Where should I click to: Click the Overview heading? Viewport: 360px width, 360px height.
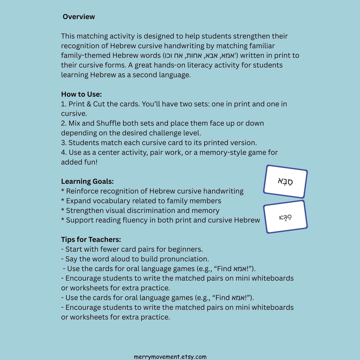(x=79, y=17)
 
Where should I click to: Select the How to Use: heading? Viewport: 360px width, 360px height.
(x=81, y=94)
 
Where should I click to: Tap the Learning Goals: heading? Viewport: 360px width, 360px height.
(x=87, y=181)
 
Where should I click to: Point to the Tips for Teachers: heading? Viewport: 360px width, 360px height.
(x=91, y=240)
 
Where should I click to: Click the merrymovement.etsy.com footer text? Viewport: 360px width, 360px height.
(x=170, y=357)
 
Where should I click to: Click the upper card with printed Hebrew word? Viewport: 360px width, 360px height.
(x=285, y=181)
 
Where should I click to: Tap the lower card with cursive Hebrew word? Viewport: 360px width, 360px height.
(x=285, y=217)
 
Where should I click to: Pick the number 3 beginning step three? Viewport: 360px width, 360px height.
(x=63, y=143)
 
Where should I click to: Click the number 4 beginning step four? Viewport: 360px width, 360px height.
(x=63, y=153)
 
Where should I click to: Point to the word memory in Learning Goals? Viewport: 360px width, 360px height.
(x=207, y=210)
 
